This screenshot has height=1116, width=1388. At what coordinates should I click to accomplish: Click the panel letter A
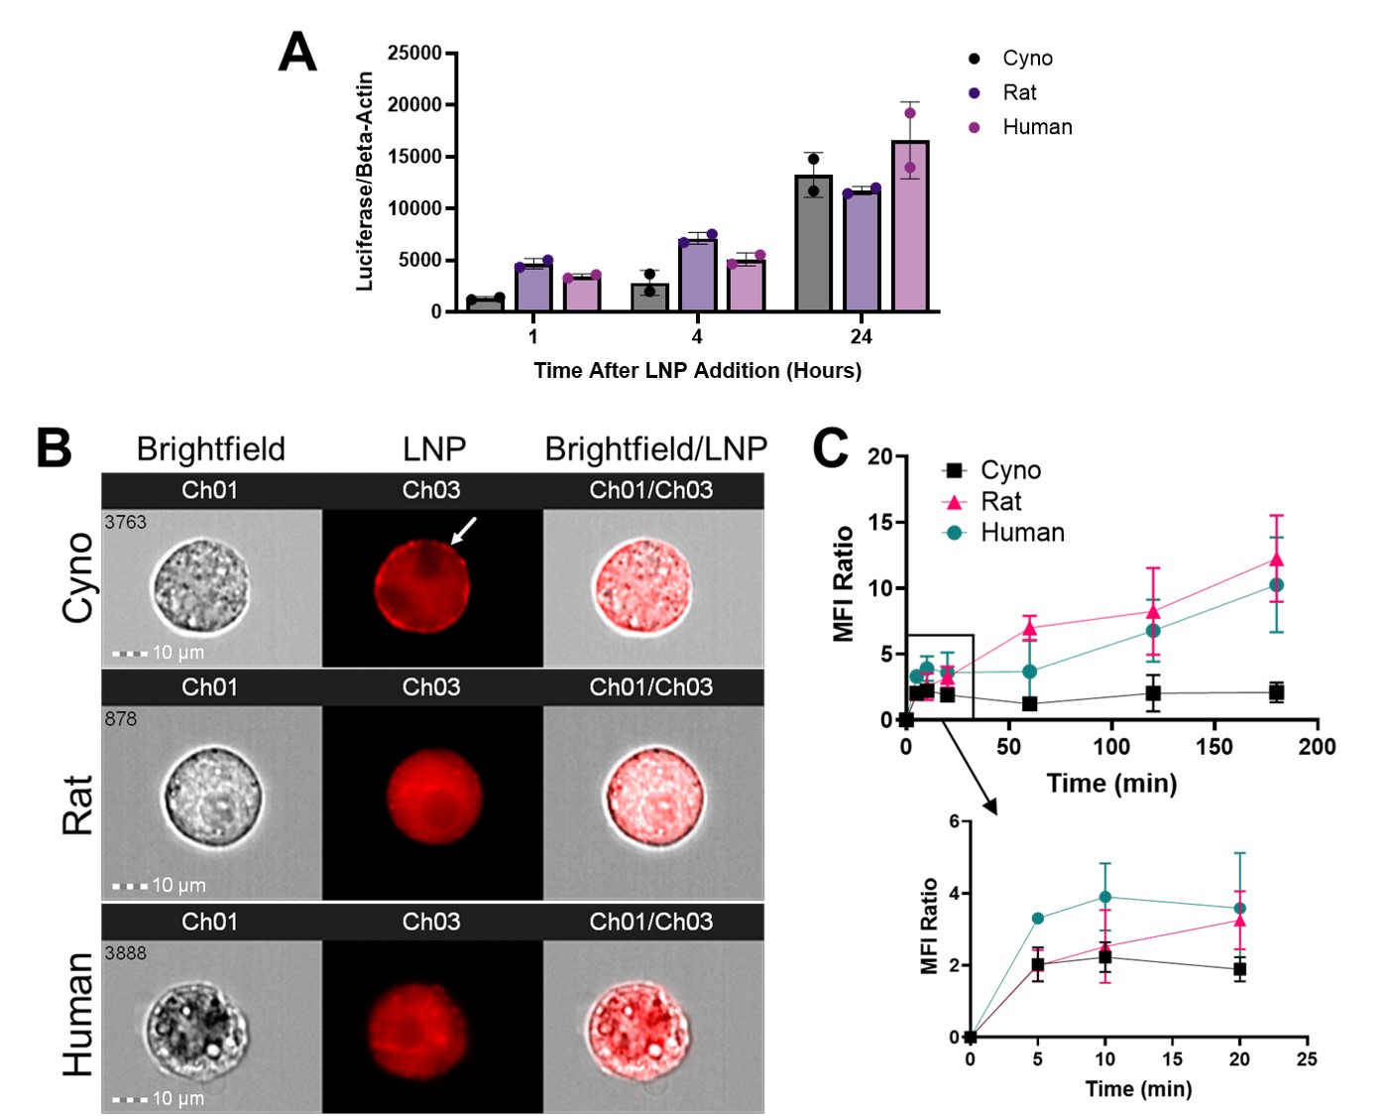(297, 52)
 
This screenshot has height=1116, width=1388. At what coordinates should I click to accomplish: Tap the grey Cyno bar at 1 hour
(486, 304)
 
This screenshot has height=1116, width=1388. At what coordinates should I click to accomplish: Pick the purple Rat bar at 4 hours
(698, 275)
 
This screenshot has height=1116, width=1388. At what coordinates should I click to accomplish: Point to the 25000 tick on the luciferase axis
(414, 53)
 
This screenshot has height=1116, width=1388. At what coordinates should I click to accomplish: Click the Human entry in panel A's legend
(1036, 127)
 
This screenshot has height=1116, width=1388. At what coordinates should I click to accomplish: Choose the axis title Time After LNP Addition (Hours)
(697, 370)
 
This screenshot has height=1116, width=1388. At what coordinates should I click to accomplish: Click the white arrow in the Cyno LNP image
(464, 530)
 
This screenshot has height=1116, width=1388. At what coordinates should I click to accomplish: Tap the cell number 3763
(125, 522)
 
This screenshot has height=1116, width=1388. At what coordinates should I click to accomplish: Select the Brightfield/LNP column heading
(655, 448)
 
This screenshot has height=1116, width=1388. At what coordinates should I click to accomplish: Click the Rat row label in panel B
(77, 805)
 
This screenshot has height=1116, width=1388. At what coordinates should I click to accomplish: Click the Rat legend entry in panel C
(1000, 502)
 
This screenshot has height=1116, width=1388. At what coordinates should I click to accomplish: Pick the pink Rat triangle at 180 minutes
(1276, 560)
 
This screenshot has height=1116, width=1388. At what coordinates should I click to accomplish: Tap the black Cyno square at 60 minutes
(1030, 703)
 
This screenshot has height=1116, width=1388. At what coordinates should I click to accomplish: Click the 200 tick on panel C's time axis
(1317, 747)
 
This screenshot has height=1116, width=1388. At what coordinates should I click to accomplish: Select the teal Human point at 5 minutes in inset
(1038, 918)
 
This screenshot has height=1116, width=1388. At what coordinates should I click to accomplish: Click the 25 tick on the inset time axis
(1307, 1059)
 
